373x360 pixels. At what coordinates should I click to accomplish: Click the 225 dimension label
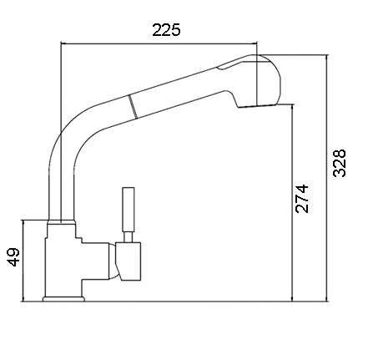166,30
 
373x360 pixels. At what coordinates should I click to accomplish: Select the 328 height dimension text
340,163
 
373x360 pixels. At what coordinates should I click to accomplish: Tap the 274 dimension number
302,199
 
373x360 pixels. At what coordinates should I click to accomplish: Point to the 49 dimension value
13,257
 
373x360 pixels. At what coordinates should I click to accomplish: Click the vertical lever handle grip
129,209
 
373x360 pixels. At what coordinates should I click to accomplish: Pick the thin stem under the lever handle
129,237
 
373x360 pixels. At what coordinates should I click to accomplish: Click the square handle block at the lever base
129,261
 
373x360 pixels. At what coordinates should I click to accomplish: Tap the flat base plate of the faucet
63,299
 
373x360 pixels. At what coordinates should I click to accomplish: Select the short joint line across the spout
133,107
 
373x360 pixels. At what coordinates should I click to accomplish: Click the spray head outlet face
258,105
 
